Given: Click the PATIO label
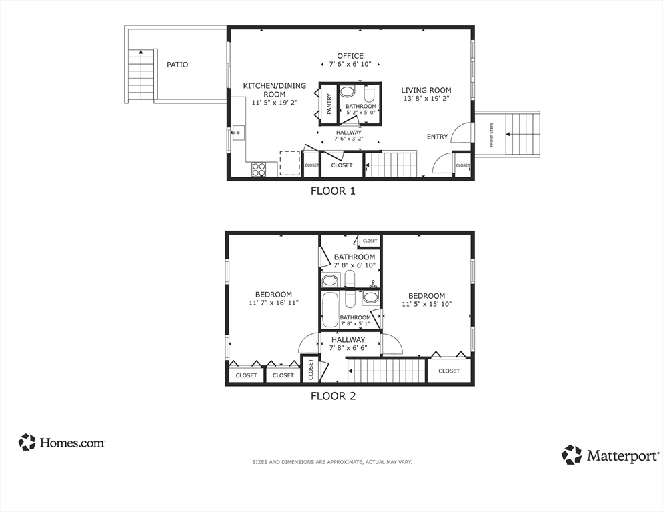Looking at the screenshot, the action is (177, 65).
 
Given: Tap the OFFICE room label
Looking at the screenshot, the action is (350, 56).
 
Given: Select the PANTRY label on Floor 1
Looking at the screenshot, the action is (329, 104).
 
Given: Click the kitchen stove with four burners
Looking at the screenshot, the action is (259, 169).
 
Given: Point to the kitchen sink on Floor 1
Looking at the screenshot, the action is (237, 133).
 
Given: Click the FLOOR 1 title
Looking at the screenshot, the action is (334, 191).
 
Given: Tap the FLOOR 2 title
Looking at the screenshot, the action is (334, 396).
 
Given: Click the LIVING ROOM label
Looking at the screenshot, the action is (426, 90).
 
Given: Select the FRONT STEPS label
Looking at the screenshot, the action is (492, 135).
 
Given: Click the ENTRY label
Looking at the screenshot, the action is (437, 137).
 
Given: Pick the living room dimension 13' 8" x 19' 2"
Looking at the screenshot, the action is (426, 99).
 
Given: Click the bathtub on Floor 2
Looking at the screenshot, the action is (329, 309).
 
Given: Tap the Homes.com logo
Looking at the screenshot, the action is (62, 442).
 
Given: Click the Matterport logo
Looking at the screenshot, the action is (610, 455).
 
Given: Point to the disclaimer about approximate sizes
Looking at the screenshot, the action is (332, 462).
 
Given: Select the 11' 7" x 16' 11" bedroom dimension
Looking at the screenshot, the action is (273, 303).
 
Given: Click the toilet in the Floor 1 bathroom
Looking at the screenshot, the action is (369, 93).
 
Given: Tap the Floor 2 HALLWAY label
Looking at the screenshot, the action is (348, 339).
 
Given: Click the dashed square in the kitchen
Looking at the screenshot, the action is (289, 163).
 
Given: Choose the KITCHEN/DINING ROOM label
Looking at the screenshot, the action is (274, 90).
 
